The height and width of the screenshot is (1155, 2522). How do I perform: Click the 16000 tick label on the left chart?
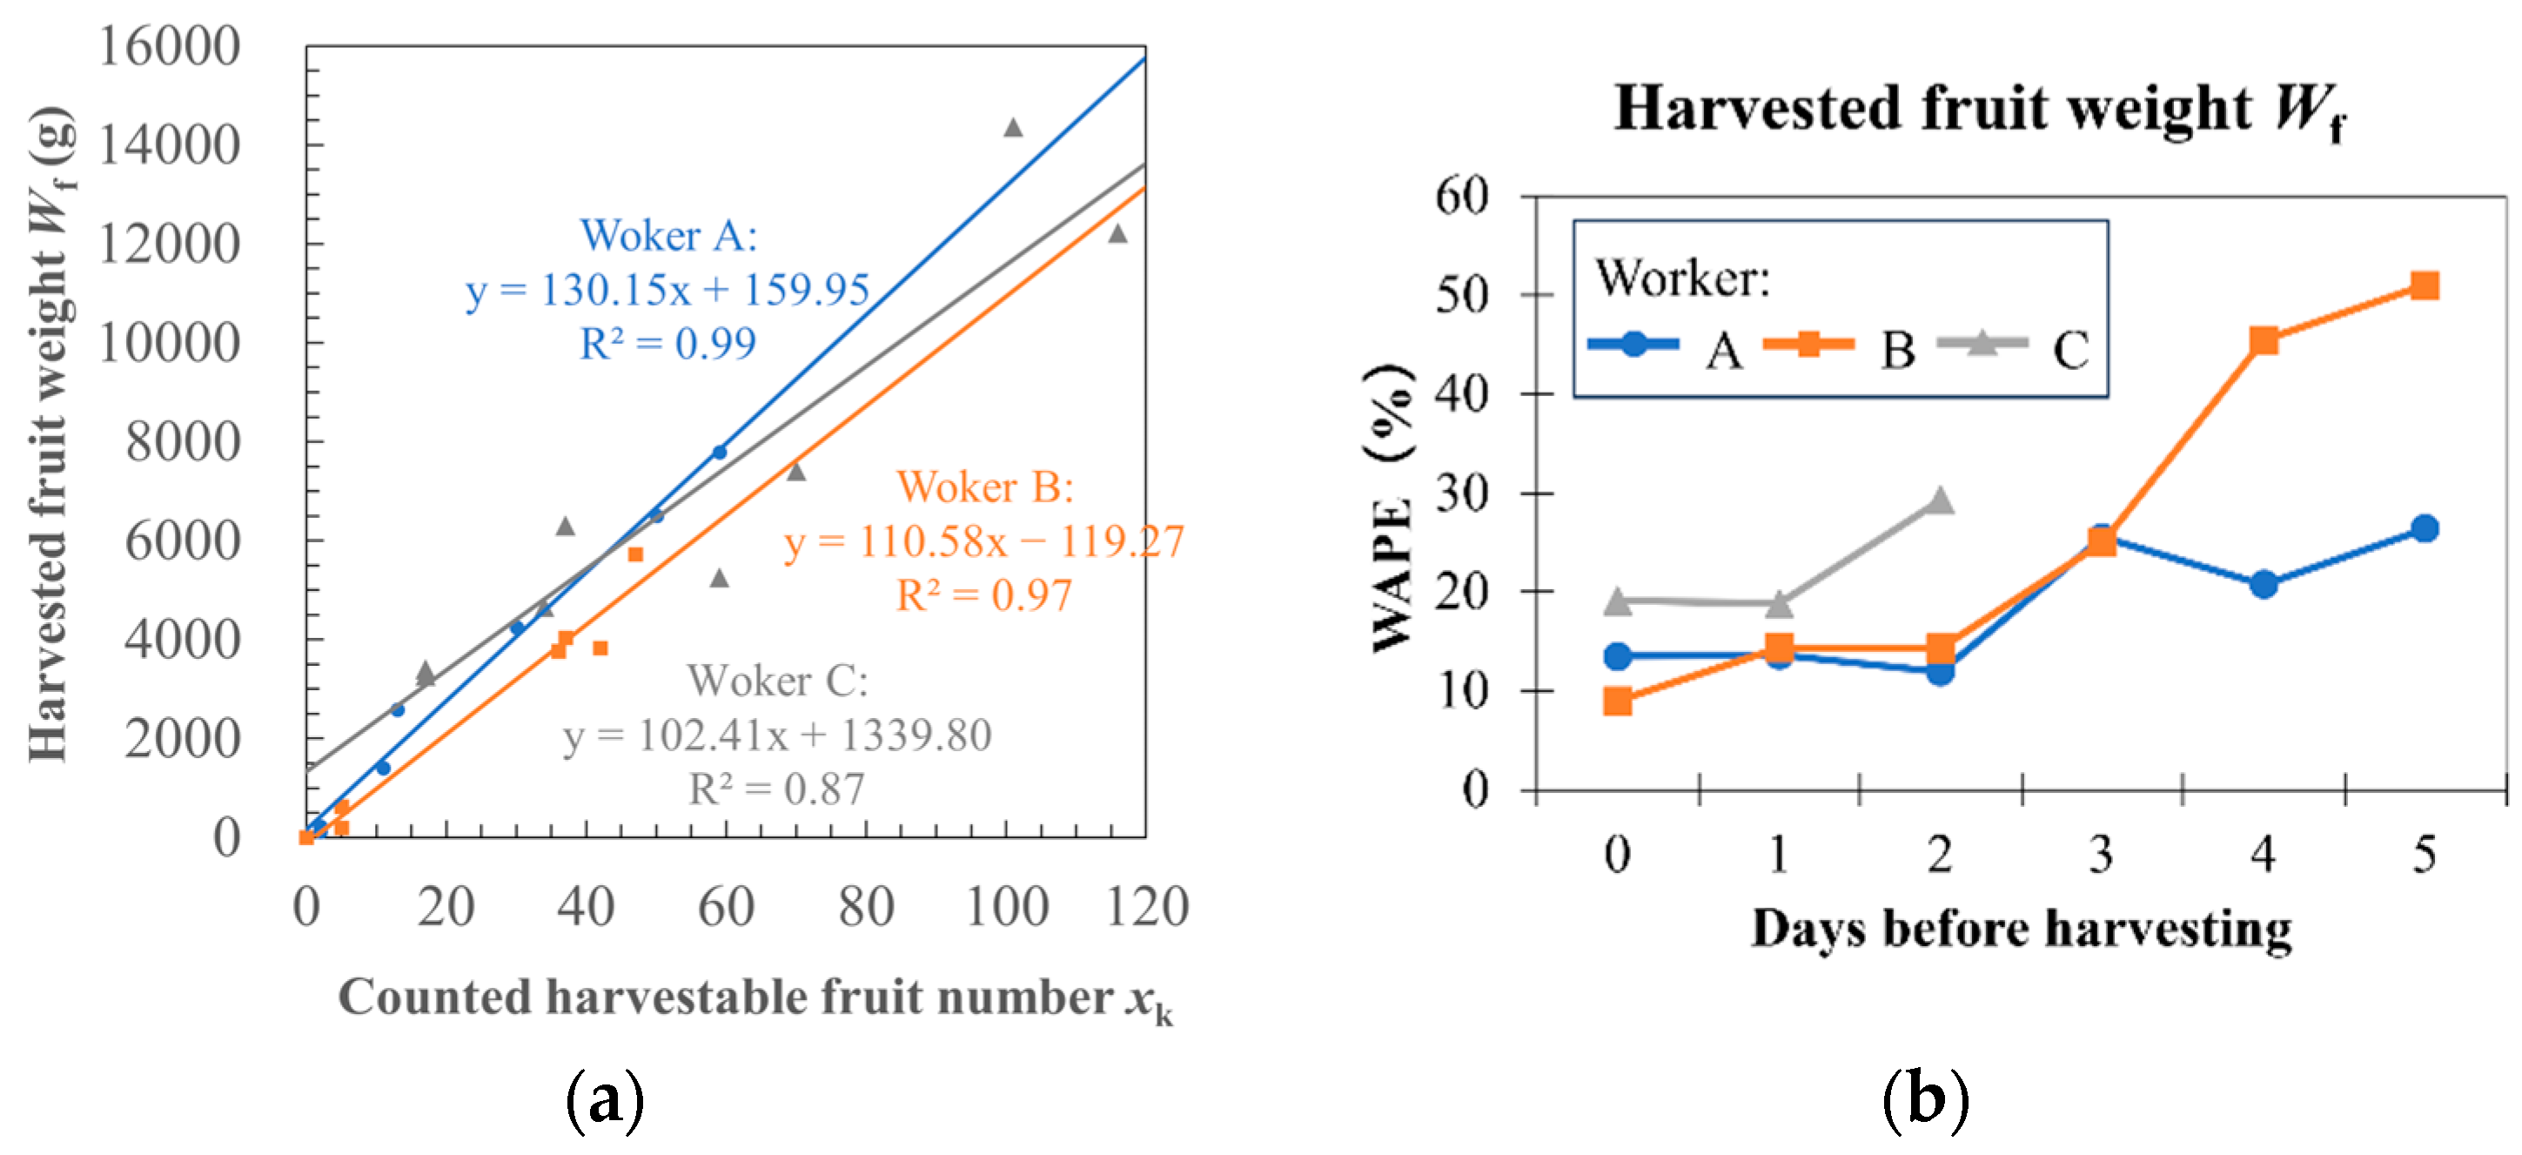[169, 46]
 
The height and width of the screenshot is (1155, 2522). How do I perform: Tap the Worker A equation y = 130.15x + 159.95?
[667, 290]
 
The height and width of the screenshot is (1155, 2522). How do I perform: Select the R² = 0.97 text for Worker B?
[983, 595]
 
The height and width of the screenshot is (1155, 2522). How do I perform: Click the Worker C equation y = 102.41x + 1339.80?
[776, 735]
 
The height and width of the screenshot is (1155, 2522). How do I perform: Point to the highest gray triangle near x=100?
[1013, 128]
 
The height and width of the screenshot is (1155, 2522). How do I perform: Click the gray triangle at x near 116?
[1117, 234]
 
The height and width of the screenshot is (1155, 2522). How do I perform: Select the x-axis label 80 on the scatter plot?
[865, 906]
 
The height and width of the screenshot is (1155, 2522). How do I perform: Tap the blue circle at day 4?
[2263, 584]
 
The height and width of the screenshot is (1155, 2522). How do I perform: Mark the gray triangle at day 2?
[1941, 501]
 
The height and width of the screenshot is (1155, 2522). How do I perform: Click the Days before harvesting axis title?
[2021, 928]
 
